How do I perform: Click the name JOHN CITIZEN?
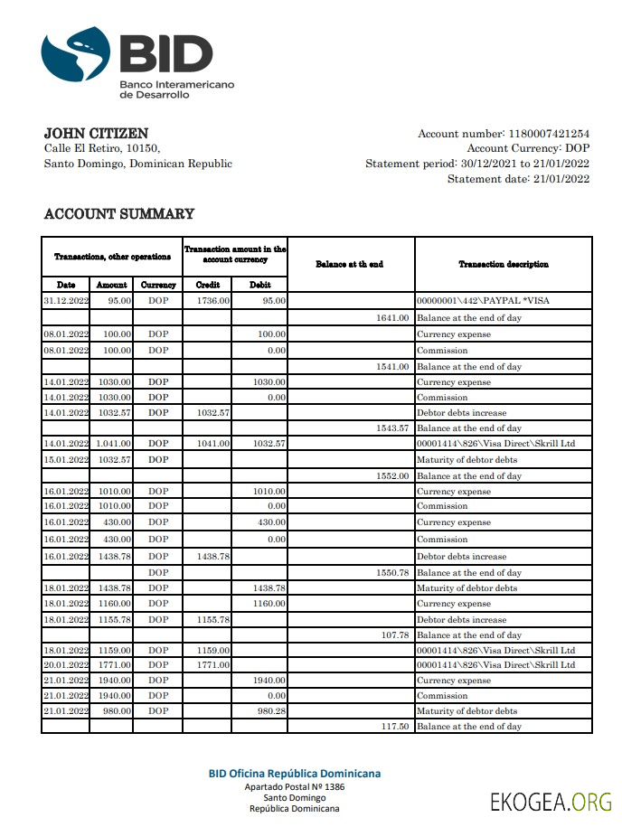(x=96, y=134)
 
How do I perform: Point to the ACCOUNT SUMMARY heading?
(x=118, y=214)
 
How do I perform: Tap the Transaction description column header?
(x=503, y=264)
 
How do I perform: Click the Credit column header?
(x=208, y=285)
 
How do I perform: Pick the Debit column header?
(x=259, y=285)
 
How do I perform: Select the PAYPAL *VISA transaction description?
(x=483, y=300)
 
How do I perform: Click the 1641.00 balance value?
(x=393, y=318)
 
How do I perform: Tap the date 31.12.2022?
(x=66, y=300)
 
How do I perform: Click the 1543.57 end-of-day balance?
(x=393, y=428)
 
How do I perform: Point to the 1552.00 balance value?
(x=393, y=476)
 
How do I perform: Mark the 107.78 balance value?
(x=396, y=635)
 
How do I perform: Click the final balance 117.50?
(x=396, y=727)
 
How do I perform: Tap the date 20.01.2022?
(x=66, y=665)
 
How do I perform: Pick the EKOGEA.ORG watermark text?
(x=551, y=801)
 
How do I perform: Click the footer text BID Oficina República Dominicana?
(x=295, y=774)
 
